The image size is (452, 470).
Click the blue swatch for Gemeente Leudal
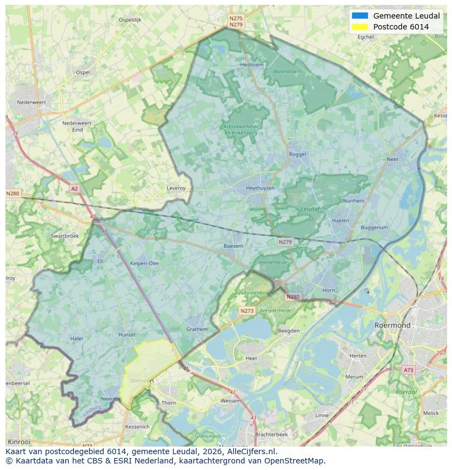[360, 16]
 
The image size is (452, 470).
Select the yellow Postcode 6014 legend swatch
[360, 27]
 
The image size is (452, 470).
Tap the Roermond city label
[392, 325]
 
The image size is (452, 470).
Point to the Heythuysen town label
[260, 188]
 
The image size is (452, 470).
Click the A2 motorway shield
[74, 189]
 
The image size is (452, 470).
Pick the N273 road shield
[247, 311]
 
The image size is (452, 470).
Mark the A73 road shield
[408, 370]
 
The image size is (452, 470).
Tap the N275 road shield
[236, 19]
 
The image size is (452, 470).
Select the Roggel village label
[298, 154]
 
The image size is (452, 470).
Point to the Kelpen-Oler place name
[145, 263]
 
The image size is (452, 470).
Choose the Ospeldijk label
[130, 20]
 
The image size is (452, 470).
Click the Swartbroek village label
[64, 236]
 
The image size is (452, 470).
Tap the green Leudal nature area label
[311, 209]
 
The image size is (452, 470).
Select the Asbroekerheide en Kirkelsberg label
[241, 129]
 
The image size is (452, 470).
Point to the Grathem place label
[197, 329]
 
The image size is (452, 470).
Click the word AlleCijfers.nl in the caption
[250, 451]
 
